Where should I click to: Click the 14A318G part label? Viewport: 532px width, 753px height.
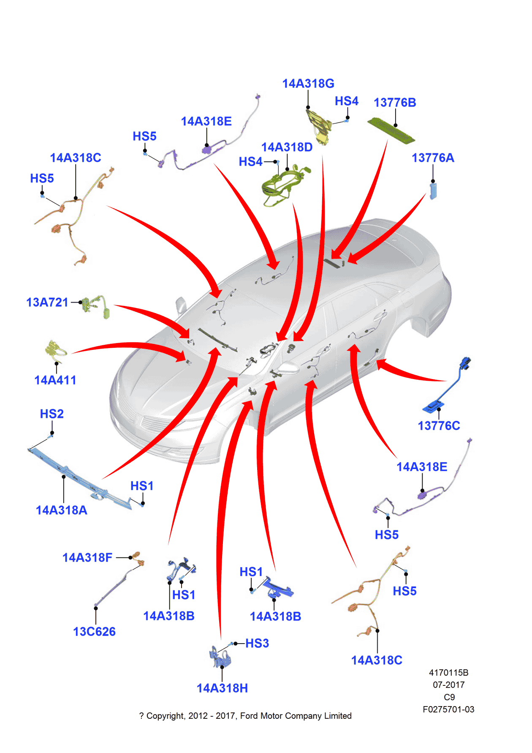click(x=308, y=84)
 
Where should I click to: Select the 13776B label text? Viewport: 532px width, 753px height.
click(x=395, y=103)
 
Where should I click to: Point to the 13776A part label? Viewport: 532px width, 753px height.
click(x=433, y=158)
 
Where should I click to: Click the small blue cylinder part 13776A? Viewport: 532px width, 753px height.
click(x=433, y=191)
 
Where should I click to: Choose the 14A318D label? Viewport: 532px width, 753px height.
click(x=287, y=147)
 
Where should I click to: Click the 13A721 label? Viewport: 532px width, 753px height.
click(x=47, y=303)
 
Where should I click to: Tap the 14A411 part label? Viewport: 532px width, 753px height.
click(x=55, y=380)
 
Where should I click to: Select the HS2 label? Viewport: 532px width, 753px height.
click(x=52, y=414)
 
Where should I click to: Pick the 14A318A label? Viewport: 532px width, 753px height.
click(x=62, y=510)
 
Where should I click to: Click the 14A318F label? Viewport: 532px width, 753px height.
click(x=87, y=558)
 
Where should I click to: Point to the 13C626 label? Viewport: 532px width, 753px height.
click(x=94, y=632)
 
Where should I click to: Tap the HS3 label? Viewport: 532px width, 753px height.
click(x=257, y=644)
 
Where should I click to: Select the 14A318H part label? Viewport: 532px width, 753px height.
click(x=222, y=688)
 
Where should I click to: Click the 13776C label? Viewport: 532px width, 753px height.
click(x=439, y=426)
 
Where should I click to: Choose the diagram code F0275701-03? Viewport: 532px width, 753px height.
click(x=448, y=709)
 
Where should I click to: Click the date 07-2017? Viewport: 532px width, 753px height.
click(x=448, y=685)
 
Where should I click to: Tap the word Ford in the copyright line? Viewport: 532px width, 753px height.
click(x=249, y=716)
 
